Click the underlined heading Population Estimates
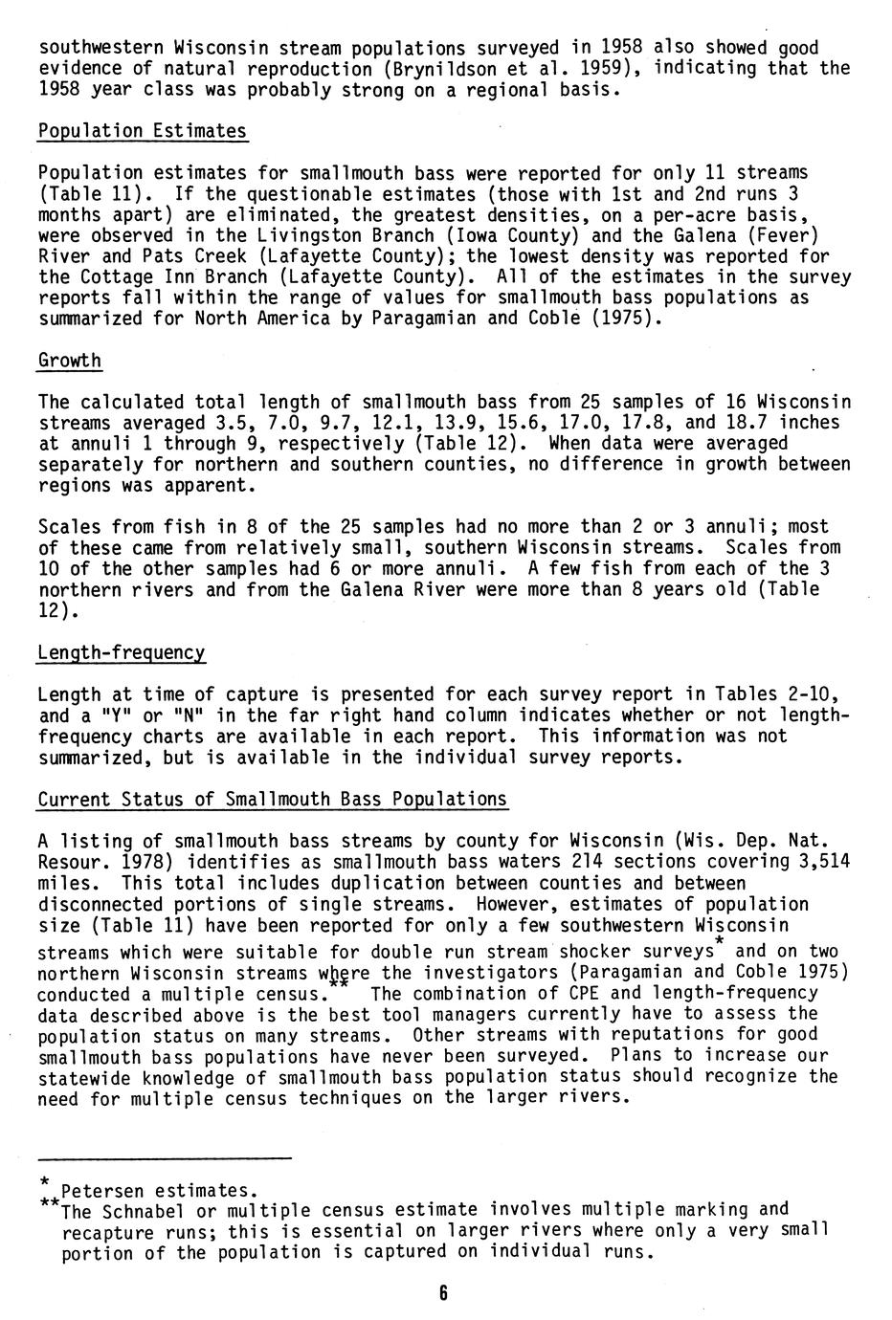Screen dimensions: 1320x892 click(143, 131)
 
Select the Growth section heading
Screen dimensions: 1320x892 click(70, 361)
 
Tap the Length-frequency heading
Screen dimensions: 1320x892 click(122, 653)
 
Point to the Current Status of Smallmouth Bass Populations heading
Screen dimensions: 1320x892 click(272, 800)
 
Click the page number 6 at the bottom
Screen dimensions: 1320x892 click(443, 1294)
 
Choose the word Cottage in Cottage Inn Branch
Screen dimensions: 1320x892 click(116, 277)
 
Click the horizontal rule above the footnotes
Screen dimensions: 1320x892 click(164, 1159)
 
